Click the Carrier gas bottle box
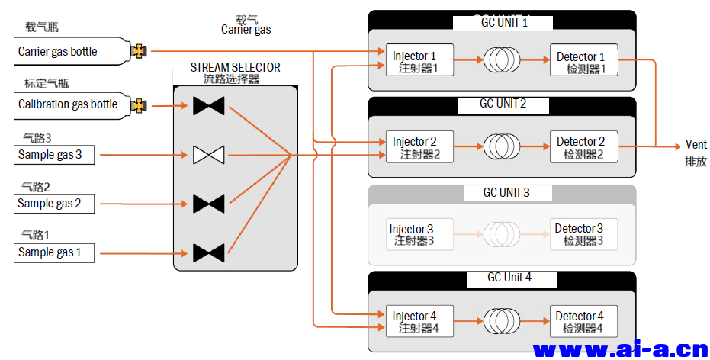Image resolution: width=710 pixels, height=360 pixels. pyautogui.click(x=69, y=52)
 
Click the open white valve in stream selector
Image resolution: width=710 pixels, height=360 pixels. pyautogui.click(x=208, y=155)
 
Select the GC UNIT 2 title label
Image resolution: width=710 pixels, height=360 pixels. pyautogui.click(x=503, y=104)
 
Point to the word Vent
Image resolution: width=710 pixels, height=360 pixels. pyautogui.click(x=696, y=145)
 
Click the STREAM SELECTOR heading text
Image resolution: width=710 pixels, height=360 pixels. pyautogui.click(x=236, y=68)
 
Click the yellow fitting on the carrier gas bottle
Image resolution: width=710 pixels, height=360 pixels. pyautogui.click(x=138, y=52)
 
